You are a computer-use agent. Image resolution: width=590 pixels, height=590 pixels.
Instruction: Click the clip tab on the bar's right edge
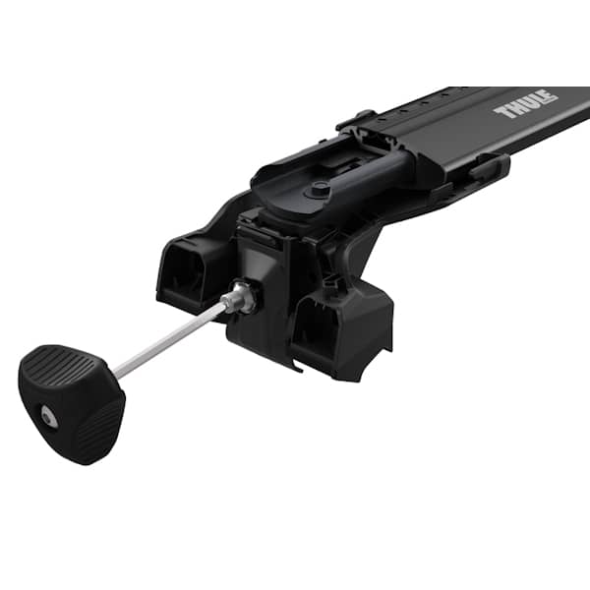click(x=484, y=168)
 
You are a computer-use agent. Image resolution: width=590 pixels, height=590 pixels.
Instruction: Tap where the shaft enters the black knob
click(x=116, y=372)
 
